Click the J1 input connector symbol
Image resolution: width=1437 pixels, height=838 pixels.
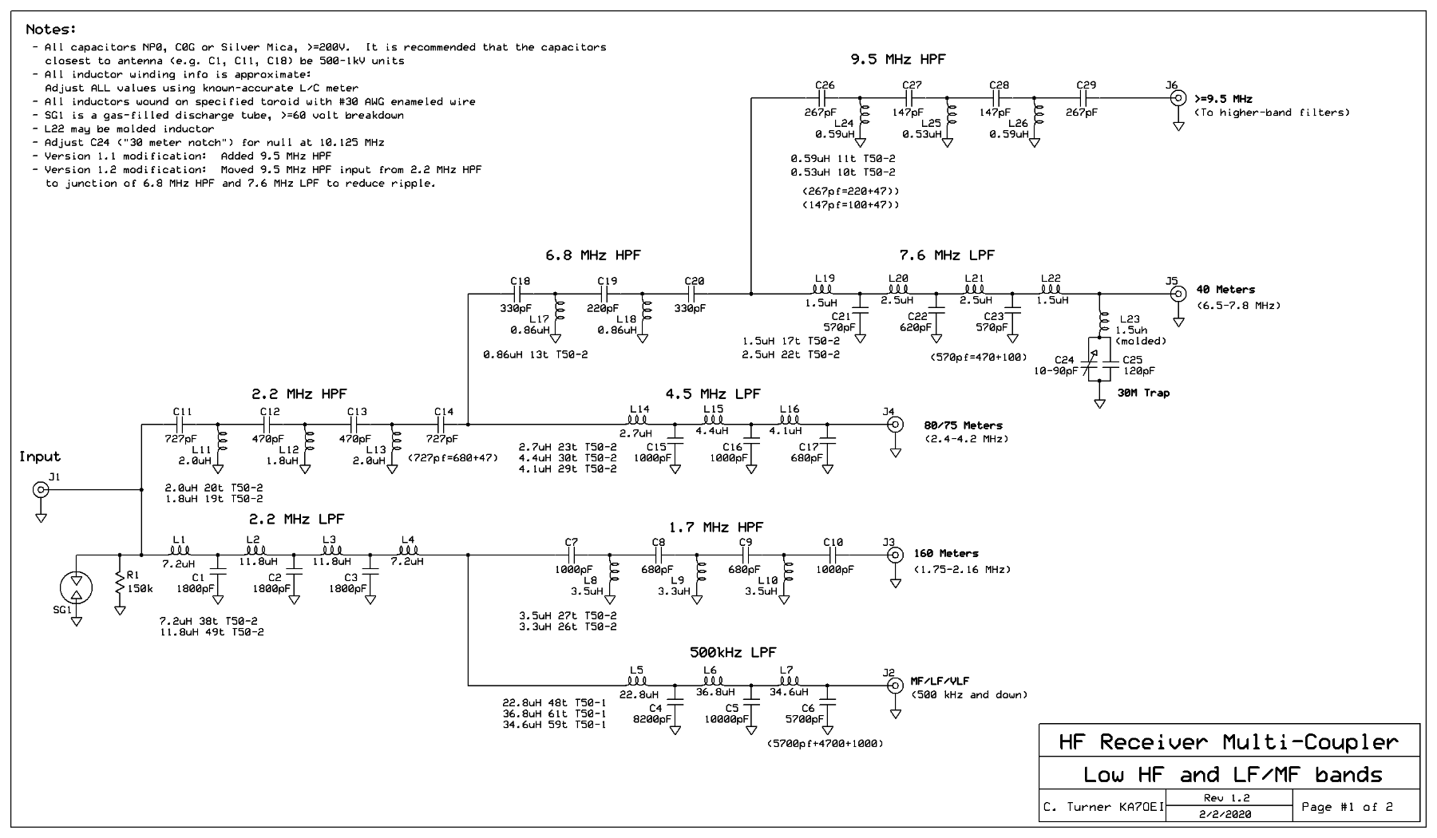pos(40,490)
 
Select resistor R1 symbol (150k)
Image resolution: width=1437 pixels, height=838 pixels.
pos(120,583)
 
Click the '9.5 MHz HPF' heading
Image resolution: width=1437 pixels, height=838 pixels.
pos(898,59)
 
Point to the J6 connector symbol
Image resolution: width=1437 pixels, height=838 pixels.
pos(1178,98)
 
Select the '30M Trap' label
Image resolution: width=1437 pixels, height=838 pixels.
pos(1143,393)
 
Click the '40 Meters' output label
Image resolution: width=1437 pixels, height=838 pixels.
pos(1225,290)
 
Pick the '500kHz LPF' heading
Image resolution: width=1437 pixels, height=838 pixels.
pos(733,652)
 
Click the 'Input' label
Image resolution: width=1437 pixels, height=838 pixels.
pos(40,457)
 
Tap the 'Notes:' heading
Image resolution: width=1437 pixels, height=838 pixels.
pos(50,30)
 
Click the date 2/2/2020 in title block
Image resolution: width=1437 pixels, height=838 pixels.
pos(1225,814)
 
